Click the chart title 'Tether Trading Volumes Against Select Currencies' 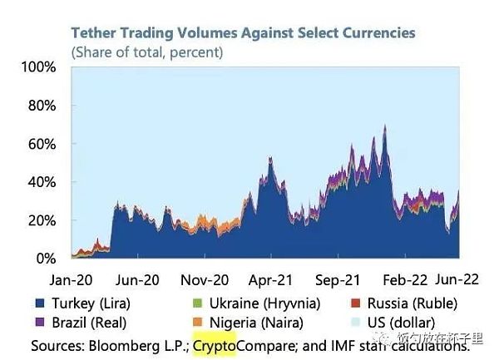[243, 33]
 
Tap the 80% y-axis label [40, 106]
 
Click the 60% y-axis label [40, 144]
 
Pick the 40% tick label [40, 182]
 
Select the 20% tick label [40, 220]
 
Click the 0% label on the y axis [44, 259]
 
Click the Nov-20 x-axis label [205, 280]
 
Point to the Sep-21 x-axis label [339, 280]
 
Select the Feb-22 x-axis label [407, 280]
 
